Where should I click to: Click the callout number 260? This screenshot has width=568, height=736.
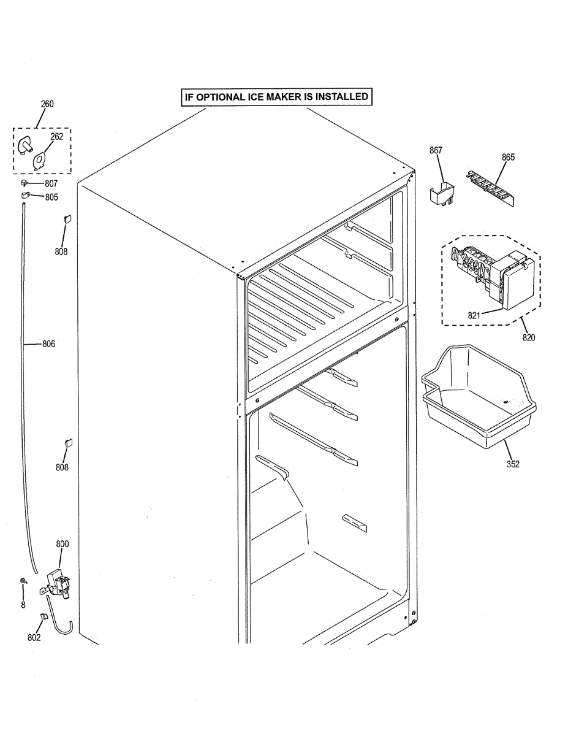(47, 104)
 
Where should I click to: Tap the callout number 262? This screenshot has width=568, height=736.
(56, 137)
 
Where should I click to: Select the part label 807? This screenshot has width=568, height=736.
(51, 183)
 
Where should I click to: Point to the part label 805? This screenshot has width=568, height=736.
(51, 197)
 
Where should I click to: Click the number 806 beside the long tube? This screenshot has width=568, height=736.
(48, 344)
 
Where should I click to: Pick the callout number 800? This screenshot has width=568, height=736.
(62, 544)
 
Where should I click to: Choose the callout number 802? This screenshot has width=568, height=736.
(34, 637)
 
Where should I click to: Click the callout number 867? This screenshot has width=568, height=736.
(436, 150)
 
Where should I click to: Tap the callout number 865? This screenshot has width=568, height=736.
(508, 157)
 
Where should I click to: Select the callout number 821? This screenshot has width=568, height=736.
(474, 315)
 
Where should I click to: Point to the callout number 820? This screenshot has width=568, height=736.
(529, 337)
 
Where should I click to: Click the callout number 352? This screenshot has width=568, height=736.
(513, 464)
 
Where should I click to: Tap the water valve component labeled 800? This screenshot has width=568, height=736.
(59, 585)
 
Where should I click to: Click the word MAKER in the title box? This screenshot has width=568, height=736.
(318, 96)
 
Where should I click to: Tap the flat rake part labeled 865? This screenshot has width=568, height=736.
(490, 185)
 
